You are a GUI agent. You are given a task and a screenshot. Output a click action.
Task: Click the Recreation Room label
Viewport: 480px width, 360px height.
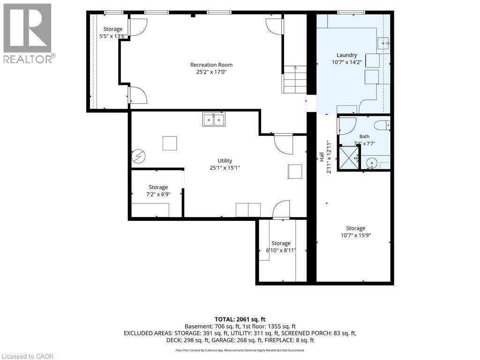tap(211, 65)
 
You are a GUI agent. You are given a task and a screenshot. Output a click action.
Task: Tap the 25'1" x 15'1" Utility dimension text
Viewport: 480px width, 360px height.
tap(225, 168)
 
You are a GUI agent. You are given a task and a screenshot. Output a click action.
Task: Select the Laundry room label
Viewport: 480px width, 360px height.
tap(347, 55)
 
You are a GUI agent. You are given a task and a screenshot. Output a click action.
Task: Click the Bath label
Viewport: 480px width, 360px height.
tap(364, 136)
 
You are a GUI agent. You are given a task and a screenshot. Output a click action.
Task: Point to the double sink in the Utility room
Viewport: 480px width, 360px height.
tap(214, 120)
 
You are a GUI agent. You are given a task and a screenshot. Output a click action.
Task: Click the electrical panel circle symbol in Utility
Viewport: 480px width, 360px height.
tap(138, 157)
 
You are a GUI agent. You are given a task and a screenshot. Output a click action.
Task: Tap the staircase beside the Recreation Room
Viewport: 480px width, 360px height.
tap(294, 80)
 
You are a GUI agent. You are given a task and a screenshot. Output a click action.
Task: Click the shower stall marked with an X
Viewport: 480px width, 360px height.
tap(349, 157)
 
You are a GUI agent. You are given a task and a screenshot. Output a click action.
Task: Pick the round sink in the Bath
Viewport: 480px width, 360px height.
tap(372, 162)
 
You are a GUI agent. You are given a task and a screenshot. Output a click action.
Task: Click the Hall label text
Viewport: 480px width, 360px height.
tap(322, 157)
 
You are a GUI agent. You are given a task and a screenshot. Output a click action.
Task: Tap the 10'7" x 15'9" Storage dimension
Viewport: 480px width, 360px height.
tap(356, 235)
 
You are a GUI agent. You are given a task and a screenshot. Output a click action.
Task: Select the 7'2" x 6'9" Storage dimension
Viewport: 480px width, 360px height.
tap(158, 194)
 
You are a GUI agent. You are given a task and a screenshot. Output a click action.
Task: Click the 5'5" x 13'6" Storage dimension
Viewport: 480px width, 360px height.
tap(112, 36)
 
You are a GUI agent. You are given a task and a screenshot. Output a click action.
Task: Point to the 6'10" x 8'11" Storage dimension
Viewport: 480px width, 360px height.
tap(281, 250)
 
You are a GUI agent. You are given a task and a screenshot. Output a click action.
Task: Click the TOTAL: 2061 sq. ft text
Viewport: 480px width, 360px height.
tap(240, 320)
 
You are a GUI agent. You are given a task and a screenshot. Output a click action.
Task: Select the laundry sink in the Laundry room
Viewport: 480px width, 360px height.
tap(383, 44)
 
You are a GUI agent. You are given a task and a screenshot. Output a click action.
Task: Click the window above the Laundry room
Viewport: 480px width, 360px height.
tap(351, 13)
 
